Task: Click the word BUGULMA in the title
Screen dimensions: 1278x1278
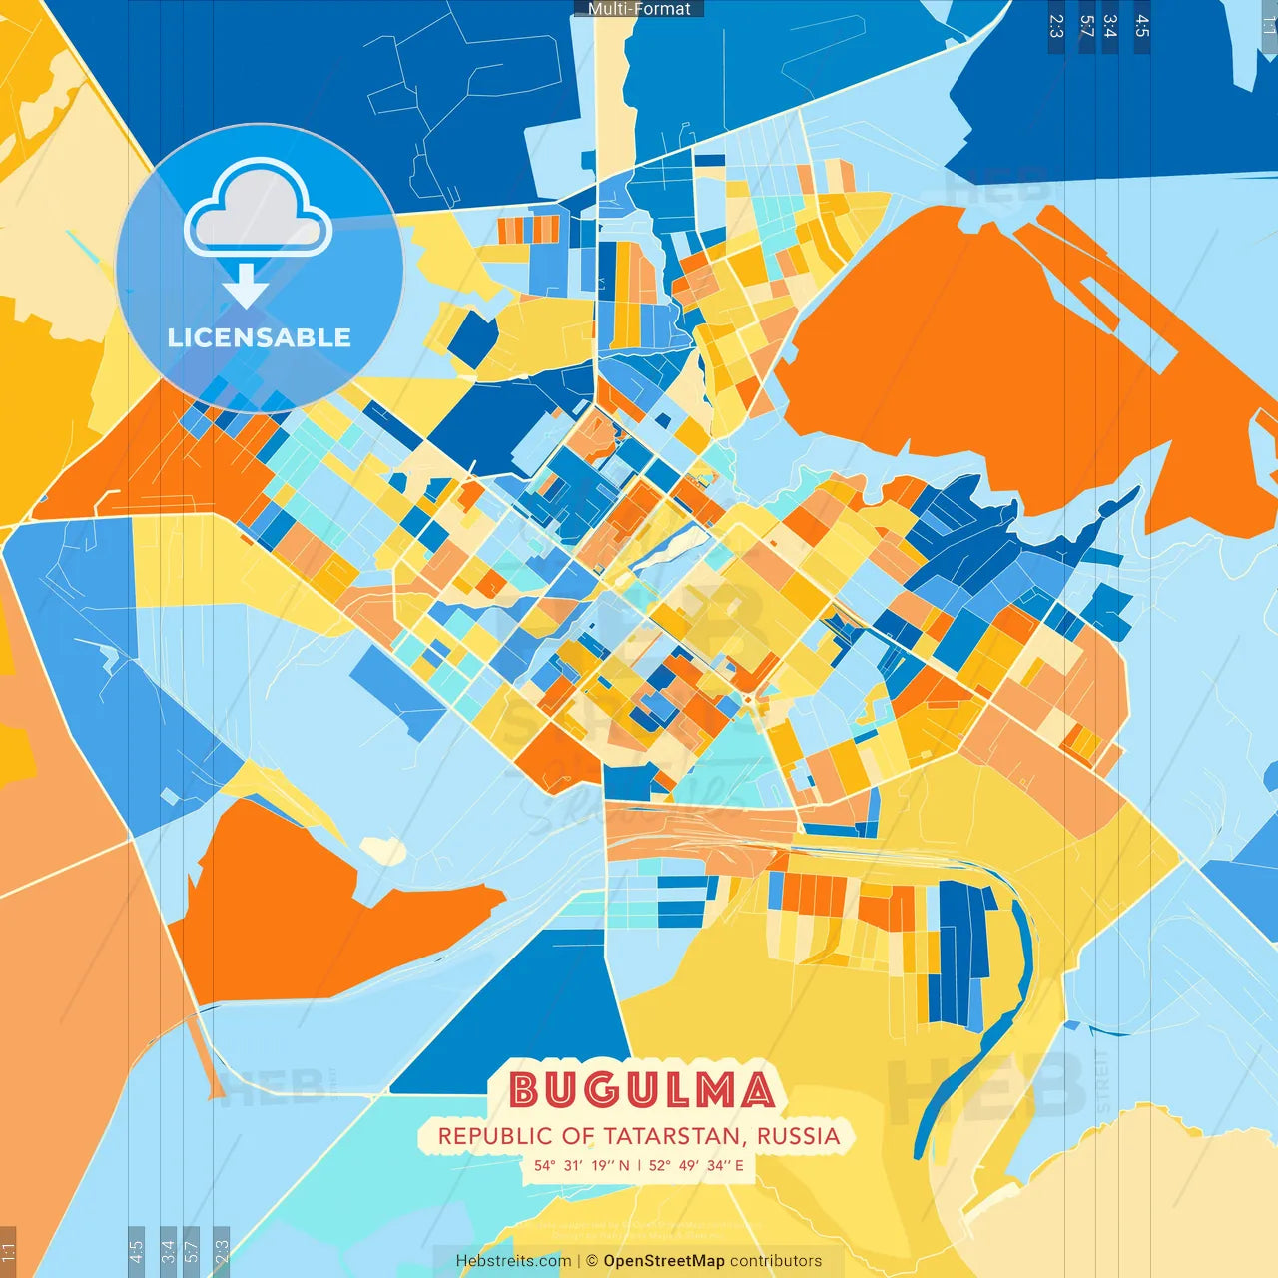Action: [642, 1089]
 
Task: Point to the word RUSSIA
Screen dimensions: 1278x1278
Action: [798, 1136]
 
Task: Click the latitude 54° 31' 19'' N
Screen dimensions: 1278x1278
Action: [581, 1165]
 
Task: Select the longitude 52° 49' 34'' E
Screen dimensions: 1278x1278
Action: [696, 1165]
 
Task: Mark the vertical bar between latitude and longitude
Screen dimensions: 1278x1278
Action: [639, 1165]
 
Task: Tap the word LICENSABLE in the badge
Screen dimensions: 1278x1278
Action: [260, 337]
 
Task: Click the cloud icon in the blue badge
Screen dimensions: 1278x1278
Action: [259, 212]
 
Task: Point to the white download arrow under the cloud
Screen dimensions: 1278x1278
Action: [246, 286]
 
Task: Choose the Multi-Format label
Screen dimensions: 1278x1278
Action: [639, 9]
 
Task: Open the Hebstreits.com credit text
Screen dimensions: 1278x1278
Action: [513, 1261]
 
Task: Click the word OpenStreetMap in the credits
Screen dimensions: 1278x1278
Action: [664, 1261]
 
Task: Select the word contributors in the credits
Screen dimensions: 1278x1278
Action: [776, 1261]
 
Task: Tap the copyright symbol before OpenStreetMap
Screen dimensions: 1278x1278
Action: [592, 1261]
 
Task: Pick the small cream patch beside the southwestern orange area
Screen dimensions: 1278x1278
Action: [383, 850]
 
